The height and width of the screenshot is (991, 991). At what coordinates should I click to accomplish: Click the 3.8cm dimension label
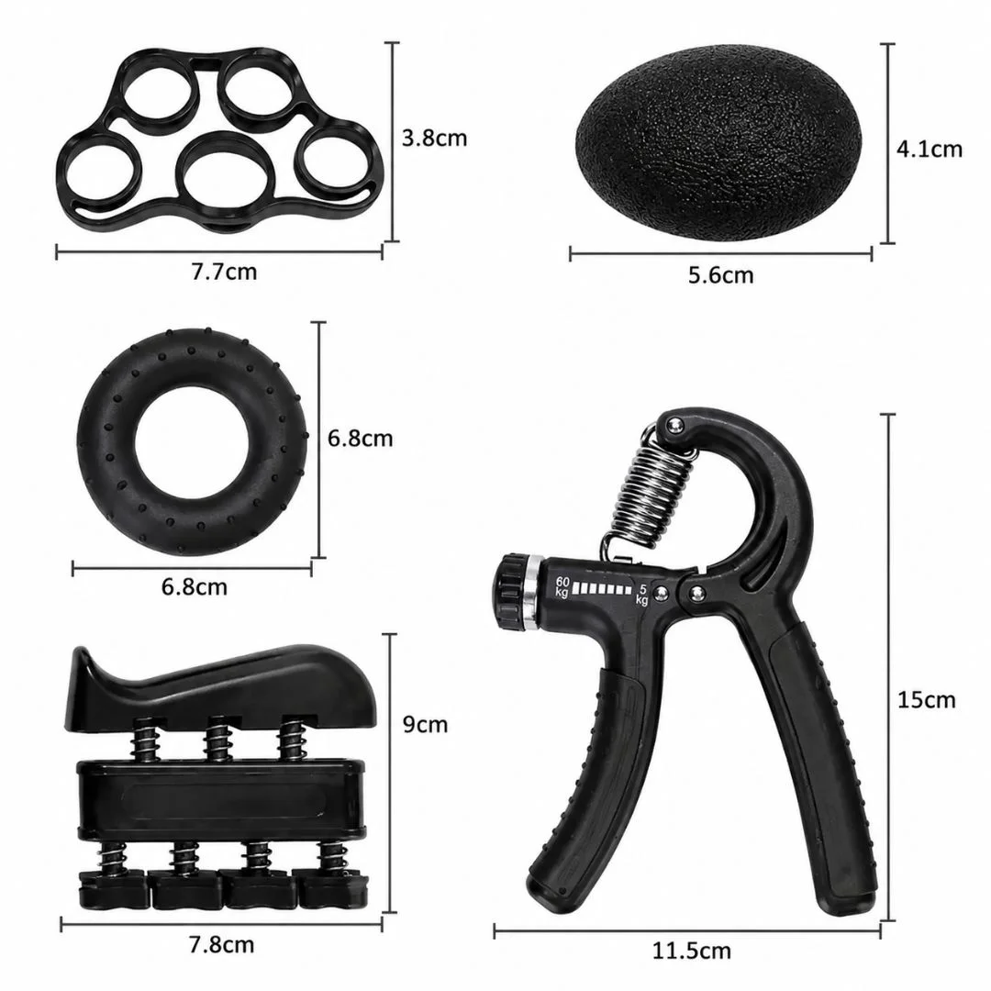click(434, 138)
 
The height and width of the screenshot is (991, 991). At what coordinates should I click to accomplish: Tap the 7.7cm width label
click(225, 272)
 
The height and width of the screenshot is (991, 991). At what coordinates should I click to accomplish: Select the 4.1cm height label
click(929, 150)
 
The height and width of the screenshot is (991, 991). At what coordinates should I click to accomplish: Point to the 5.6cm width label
click(721, 275)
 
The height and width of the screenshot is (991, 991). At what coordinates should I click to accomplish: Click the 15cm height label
click(926, 700)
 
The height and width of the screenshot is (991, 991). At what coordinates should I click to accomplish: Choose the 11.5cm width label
click(692, 951)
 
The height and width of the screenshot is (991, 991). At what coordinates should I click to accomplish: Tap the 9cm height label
click(425, 724)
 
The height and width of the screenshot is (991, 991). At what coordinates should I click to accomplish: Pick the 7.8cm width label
click(221, 945)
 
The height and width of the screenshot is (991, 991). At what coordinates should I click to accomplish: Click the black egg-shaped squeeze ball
click(720, 142)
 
